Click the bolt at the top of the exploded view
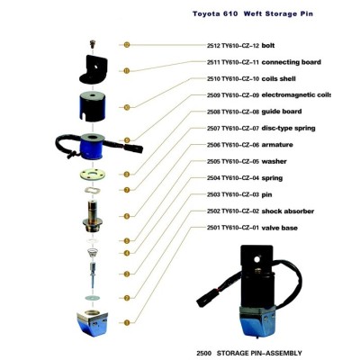(93, 44)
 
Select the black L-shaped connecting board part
(94, 69)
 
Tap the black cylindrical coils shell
(93, 107)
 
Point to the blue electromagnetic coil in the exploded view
(93, 147)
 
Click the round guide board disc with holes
(93, 175)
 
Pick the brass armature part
(93, 217)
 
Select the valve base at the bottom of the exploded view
(93, 324)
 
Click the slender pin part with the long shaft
(93, 274)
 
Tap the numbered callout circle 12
(127, 45)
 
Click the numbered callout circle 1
(127, 323)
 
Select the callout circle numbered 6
(127, 216)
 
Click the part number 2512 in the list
(213, 46)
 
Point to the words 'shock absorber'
(288, 211)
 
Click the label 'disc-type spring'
(288, 129)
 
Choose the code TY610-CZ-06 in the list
(240, 145)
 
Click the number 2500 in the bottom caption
(204, 353)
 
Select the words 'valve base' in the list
(280, 228)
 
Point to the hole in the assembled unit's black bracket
(256, 258)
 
